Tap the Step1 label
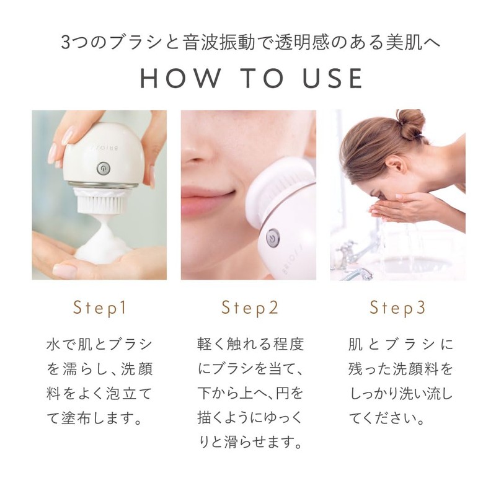click(x=99, y=308)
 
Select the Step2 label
click(x=250, y=308)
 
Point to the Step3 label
click(x=397, y=308)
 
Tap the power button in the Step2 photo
click(x=272, y=238)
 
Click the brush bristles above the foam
click(x=100, y=203)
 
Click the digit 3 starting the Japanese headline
click(x=66, y=42)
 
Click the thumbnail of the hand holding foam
click(x=64, y=271)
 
